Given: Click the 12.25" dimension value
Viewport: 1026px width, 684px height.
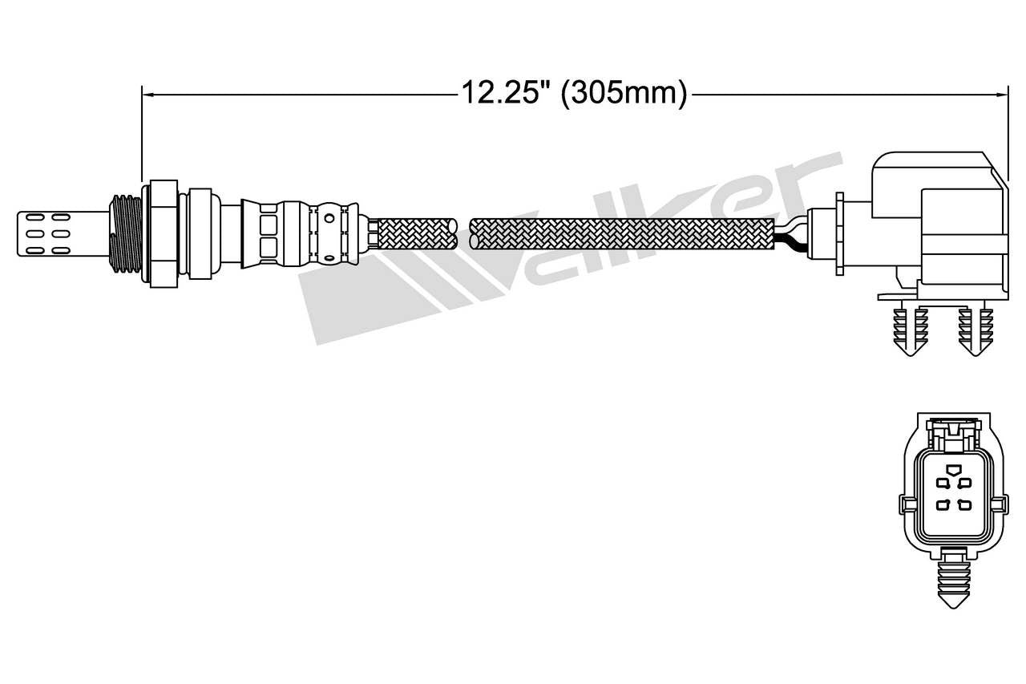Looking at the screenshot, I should click(x=507, y=94).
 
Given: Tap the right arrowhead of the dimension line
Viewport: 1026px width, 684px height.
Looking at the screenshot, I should click(x=1003, y=95).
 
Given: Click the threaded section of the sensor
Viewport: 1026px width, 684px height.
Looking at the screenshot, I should click(x=124, y=233).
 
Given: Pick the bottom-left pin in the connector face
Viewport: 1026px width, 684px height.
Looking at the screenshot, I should click(x=944, y=504).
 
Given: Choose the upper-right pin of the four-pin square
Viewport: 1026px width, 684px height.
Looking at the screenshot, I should click(x=964, y=483).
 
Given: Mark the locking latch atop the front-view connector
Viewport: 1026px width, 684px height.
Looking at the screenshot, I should click(x=953, y=433).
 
